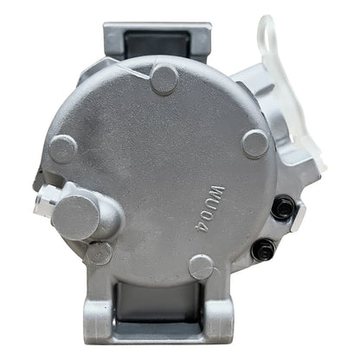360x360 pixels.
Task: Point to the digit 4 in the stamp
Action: [x=204, y=228]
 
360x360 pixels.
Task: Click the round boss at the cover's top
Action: [x=164, y=79]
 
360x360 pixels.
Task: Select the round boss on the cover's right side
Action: [x=255, y=144]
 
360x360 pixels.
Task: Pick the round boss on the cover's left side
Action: [x=63, y=149]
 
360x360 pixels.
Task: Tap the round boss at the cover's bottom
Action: [x=202, y=267]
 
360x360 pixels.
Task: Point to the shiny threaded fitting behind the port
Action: [x=45, y=199]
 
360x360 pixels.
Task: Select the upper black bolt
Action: [x=284, y=207]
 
